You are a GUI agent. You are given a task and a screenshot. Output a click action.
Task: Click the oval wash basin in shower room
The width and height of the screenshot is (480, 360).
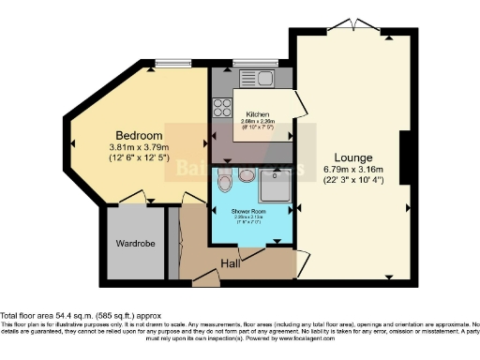click(x=220, y=174)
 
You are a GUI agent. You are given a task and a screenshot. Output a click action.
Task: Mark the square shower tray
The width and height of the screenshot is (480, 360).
click(x=273, y=186)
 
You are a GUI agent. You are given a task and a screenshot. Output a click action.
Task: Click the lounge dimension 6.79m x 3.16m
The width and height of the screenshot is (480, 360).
click(x=357, y=170)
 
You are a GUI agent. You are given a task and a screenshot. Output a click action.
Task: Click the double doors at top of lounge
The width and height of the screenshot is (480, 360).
click(x=357, y=25)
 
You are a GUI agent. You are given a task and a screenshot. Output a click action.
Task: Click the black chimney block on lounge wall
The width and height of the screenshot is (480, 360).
click(x=404, y=156)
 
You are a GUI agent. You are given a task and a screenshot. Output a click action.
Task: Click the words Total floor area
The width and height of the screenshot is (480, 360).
click(x=34, y=316)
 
